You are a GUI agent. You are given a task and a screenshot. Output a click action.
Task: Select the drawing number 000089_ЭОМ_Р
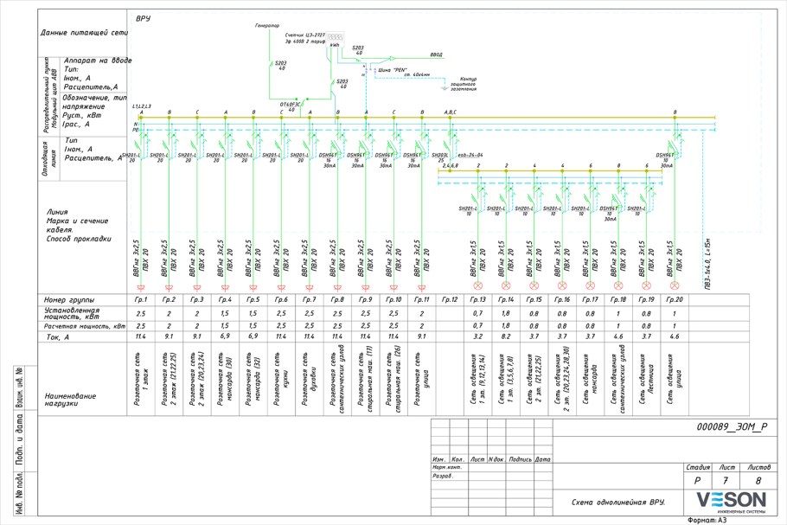pos(731,427)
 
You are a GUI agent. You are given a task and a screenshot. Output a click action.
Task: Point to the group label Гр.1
pos(141,299)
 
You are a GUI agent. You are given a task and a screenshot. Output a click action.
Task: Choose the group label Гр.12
pos(449,299)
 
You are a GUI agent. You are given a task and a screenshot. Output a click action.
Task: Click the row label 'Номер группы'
pos(68,299)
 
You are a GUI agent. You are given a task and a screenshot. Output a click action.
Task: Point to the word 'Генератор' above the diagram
pos(267,26)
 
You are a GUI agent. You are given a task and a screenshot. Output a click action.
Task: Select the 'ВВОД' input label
pos(436,54)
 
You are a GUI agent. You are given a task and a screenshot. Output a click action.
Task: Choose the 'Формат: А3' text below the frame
pos(709,520)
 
